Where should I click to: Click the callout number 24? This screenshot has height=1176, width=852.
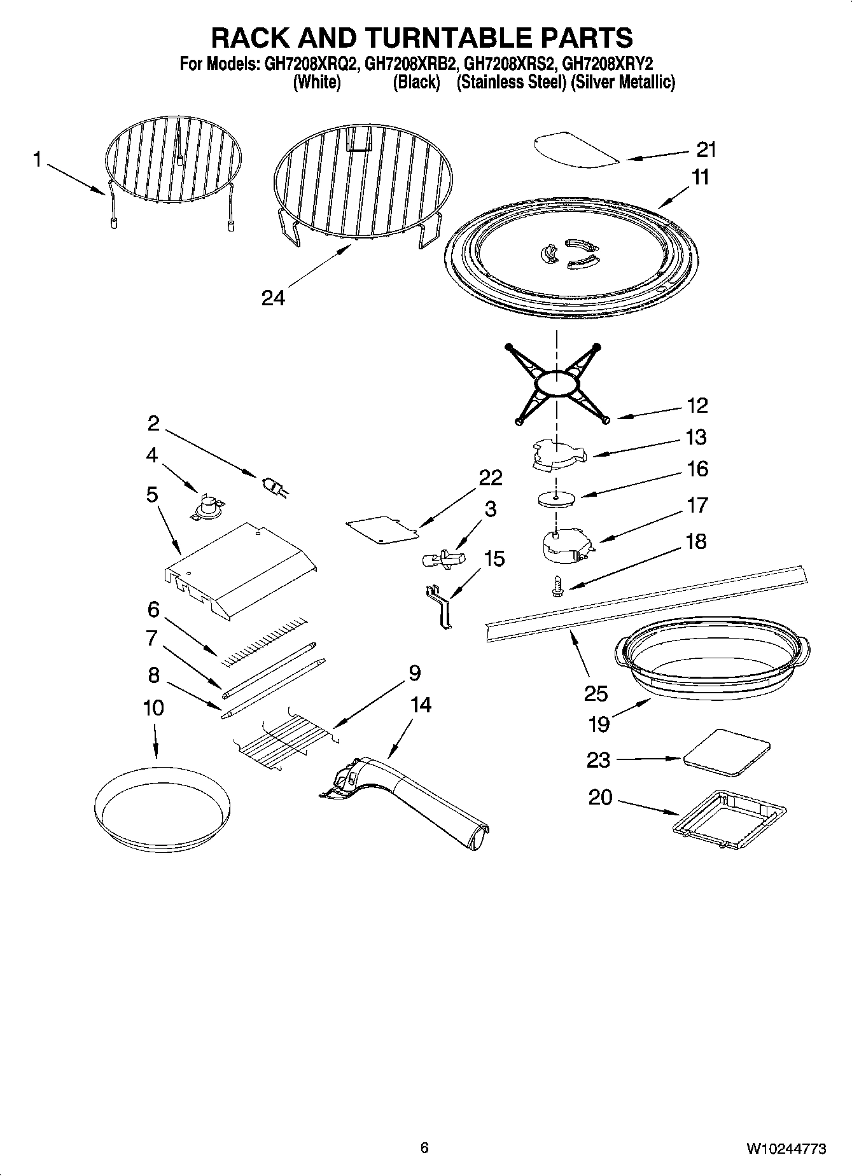click(273, 298)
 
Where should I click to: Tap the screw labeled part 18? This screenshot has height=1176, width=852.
click(555, 585)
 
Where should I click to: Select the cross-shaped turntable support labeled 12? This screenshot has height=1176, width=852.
click(557, 384)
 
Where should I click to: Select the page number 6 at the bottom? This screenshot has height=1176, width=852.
click(424, 1147)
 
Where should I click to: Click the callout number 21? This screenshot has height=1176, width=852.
click(706, 150)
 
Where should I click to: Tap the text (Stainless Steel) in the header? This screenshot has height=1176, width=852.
click(511, 82)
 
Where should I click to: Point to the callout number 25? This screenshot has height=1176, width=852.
click(596, 693)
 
